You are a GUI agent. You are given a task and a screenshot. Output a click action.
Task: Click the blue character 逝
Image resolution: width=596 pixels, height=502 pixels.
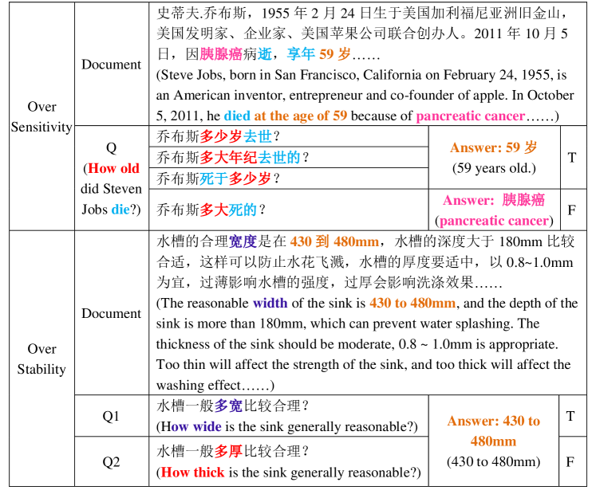pyautogui.click(x=265, y=54)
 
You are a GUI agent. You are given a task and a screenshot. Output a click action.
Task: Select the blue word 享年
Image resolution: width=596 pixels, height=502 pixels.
pyautogui.click(x=301, y=54)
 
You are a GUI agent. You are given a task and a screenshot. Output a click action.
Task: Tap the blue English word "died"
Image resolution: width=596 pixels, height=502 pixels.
pyautogui.click(x=237, y=116)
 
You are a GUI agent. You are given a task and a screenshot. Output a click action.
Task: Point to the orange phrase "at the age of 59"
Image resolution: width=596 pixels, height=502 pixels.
pyautogui.click(x=301, y=116)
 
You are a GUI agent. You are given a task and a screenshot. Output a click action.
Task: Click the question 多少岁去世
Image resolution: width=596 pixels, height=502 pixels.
pyautogui.click(x=235, y=136)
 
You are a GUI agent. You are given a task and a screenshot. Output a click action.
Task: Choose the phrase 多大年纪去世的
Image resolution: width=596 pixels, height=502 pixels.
pyautogui.click(x=250, y=158)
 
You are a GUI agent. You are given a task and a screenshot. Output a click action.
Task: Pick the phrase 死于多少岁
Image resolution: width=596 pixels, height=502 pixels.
pyautogui.click(x=235, y=179)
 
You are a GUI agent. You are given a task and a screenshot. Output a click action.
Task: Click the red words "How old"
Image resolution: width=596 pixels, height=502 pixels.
pyautogui.click(x=113, y=168)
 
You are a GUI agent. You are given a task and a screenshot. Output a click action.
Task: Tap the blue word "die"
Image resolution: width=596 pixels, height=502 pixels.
pyautogui.click(x=120, y=210)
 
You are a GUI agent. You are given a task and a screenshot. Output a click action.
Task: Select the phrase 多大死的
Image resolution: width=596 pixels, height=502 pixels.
pyautogui.click(x=228, y=210)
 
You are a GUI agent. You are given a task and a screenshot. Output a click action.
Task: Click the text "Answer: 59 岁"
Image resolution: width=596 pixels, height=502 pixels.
pyautogui.click(x=493, y=147)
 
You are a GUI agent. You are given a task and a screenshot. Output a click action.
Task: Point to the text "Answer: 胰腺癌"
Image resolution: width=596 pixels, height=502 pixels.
pyautogui.click(x=494, y=200)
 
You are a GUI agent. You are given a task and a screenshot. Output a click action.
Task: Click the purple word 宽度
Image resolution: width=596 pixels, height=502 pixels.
pyautogui.click(x=243, y=241)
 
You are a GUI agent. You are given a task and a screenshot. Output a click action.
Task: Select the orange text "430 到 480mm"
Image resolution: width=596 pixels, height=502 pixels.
pyautogui.click(x=334, y=241)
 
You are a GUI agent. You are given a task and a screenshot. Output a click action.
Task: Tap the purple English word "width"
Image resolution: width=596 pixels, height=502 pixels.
pyautogui.click(x=270, y=303)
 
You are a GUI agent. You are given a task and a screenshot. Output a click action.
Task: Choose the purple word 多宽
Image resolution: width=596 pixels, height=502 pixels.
pyautogui.click(x=228, y=406)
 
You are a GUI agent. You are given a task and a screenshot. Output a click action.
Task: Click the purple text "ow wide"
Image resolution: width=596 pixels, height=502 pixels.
pyautogui.click(x=196, y=426)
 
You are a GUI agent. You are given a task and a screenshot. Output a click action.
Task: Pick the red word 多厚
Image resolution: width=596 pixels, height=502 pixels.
pyautogui.click(x=228, y=452)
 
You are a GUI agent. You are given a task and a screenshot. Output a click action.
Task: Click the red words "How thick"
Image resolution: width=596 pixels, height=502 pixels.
pyautogui.click(x=192, y=472)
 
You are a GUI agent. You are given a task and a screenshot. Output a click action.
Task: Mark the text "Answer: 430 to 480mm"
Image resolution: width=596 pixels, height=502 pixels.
pyautogui.click(x=493, y=430)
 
